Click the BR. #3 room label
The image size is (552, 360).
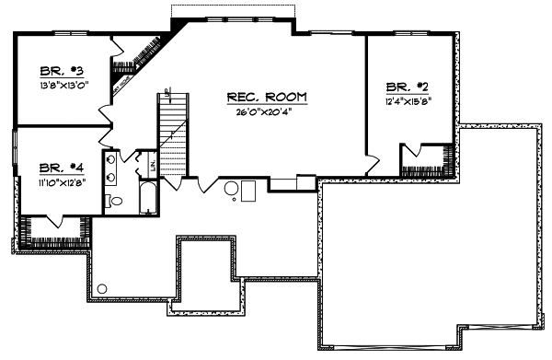pyautogui.click(x=63, y=71)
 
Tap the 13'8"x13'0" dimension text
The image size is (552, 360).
pyautogui.click(x=63, y=85)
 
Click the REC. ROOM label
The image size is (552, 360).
pyautogui.click(x=267, y=97)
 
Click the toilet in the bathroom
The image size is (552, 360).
pyautogui.click(x=116, y=201)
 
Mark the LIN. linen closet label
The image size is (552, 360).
pyautogui.click(x=152, y=166)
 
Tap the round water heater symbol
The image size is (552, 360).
pyautogui.click(x=233, y=189)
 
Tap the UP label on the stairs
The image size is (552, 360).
pyautogui.click(x=167, y=90)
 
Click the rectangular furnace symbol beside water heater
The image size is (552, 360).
pyautogui.click(x=249, y=191)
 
